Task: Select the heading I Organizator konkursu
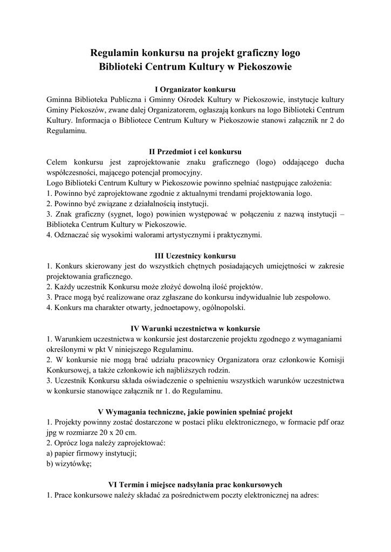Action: (x=195, y=89)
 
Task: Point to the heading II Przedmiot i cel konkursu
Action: (x=195, y=151)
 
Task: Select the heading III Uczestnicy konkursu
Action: (x=195, y=255)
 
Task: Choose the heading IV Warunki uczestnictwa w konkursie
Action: (x=195, y=328)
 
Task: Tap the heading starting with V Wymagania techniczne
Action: (x=195, y=411)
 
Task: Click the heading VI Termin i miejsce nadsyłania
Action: (x=195, y=484)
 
